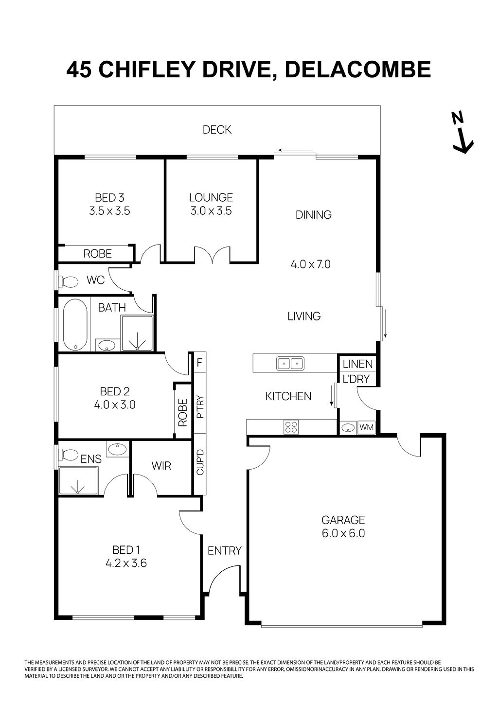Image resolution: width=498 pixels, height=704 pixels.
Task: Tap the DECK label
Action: [217, 130]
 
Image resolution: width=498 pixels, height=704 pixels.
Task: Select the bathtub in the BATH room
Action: [75, 324]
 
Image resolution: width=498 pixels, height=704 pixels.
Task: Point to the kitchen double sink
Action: [290, 363]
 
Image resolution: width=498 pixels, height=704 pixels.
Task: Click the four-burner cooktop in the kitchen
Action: [291, 427]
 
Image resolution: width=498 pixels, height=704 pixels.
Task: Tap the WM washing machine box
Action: [366, 427]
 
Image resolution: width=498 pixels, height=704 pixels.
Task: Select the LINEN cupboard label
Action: [357, 364]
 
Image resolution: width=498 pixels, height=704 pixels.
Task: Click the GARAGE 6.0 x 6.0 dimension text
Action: [343, 533]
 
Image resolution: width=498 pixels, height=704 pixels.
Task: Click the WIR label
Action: [161, 466]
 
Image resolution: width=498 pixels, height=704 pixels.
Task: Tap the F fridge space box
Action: [199, 362]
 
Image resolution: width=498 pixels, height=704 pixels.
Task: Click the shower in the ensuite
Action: [77, 481]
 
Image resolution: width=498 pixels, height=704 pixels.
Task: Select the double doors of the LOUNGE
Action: [212, 255]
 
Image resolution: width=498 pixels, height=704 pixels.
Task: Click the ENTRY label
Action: [224, 550]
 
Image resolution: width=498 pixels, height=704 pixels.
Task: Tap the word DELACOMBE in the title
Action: [357, 70]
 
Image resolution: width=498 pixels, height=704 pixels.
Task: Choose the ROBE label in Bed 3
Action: [97, 253]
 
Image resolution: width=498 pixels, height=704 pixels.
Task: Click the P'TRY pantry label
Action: [200, 407]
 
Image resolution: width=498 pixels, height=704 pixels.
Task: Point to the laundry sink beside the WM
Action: [348, 428]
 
